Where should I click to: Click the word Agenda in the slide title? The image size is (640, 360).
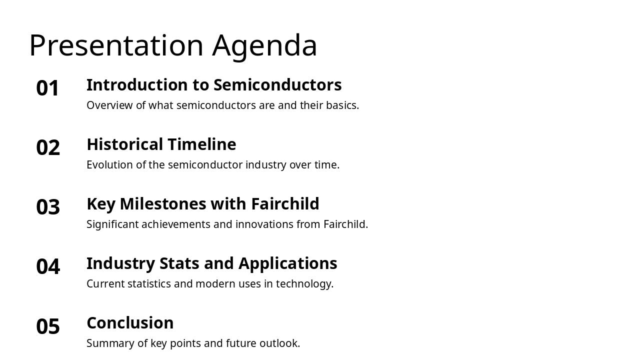[x=264, y=46]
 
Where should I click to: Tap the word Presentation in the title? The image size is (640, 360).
[x=116, y=46]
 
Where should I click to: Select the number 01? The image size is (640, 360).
[x=48, y=88]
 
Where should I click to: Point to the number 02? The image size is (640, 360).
[x=48, y=148]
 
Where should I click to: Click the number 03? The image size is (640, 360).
[x=48, y=207]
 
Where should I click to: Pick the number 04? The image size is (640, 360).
[x=48, y=267]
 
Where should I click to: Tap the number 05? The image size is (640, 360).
[x=48, y=326]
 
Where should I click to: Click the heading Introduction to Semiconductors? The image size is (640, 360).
[x=214, y=85]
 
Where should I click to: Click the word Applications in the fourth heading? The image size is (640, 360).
[x=287, y=263]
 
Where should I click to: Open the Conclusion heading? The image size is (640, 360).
[x=130, y=323]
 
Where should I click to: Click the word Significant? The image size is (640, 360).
[x=112, y=224]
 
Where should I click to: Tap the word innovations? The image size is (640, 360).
[x=264, y=224]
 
